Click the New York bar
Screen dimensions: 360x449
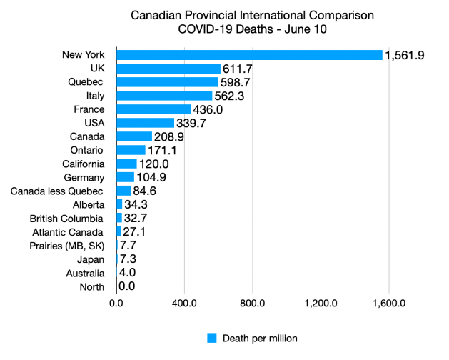[249, 55]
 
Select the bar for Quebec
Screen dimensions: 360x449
[167, 82]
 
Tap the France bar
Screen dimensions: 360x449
[153, 109]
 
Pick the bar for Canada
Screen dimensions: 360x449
[134, 136]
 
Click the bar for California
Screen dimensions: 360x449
[126, 164]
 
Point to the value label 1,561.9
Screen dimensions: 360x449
[405, 55]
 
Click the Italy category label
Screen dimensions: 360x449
[93, 96]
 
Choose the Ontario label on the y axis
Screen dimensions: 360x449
[86, 150]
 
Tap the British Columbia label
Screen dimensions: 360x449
[67, 218]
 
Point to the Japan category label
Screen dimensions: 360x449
[91, 259]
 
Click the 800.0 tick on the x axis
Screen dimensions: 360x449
[253, 303]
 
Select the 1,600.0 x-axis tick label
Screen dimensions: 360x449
[389, 303]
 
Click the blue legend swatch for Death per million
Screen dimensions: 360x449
[211, 338]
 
